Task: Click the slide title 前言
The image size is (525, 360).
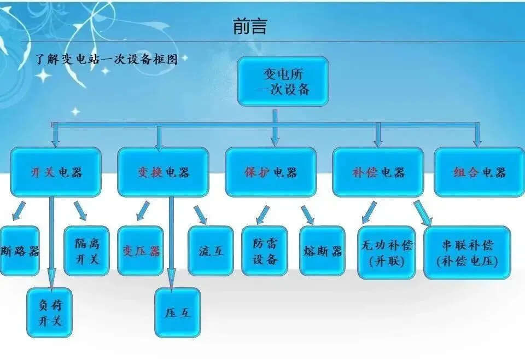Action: [250, 26]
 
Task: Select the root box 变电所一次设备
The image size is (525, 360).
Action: [283, 81]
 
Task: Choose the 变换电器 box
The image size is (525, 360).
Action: [163, 172]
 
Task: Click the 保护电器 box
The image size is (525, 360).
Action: [271, 172]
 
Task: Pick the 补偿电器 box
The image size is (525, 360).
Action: [378, 172]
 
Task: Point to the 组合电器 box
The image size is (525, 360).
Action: [479, 172]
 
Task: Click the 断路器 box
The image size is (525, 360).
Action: [20, 251]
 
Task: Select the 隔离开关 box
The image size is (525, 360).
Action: [86, 251]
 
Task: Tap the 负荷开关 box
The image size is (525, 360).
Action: [50, 312]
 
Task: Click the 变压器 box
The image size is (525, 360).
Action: [141, 251]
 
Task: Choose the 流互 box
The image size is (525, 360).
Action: [211, 251]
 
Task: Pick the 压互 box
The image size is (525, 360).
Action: [178, 312]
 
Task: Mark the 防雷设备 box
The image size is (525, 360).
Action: [265, 251]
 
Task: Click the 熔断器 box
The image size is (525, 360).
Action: [323, 251]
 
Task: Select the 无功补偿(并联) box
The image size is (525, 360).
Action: [386, 252]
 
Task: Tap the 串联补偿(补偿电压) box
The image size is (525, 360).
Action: [467, 252]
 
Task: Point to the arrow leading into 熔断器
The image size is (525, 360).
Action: [307, 215]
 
